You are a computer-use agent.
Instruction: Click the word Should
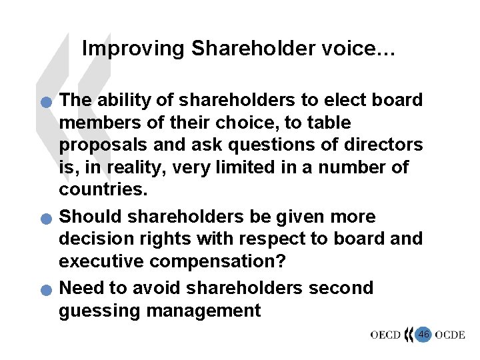(91, 217)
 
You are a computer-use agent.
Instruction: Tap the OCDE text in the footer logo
(450, 335)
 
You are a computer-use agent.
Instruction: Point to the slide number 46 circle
(423, 333)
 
